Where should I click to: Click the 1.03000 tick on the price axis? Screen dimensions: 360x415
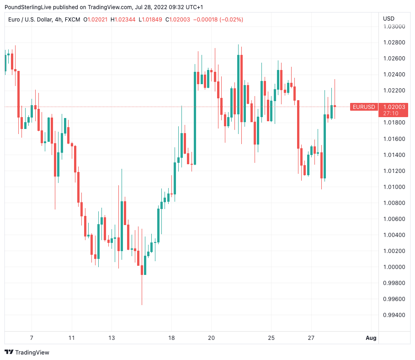(x=394, y=27)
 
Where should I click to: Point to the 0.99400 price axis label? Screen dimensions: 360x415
(x=394, y=315)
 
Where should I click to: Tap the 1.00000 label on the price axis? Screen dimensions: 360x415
(x=394, y=267)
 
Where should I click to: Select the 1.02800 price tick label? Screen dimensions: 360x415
(x=394, y=43)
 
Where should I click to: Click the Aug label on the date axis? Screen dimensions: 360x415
(x=371, y=338)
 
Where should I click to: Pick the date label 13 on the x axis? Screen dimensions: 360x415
(x=111, y=338)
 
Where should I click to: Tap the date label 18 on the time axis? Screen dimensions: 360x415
(x=171, y=338)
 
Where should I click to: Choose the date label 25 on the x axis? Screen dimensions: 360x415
(x=271, y=338)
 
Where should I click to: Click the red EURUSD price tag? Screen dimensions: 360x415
(x=364, y=107)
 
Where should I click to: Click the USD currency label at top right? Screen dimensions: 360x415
(x=388, y=19)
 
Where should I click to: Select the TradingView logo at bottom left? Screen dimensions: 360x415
(x=27, y=352)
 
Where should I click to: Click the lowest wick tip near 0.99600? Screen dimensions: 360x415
(x=142, y=304)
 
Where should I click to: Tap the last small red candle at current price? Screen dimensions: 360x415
(x=335, y=106)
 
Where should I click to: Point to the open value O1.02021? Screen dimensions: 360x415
(x=95, y=20)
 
